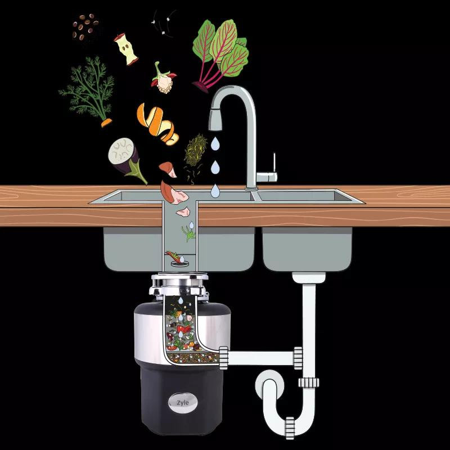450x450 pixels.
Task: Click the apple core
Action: pyautogui.click(x=126, y=49)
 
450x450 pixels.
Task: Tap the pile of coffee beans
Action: pyautogui.click(x=85, y=27)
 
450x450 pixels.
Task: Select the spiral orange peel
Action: pyautogui.click(x=157, y=124)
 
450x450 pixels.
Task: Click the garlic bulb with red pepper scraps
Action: pyautogui.click(x=163, y=78)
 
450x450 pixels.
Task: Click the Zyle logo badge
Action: pyautogui.click(x=183, y=402)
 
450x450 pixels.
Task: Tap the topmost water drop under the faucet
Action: pyautogui.click(x=215, y=143)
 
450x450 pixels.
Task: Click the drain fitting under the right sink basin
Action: pyautogui.click(x=309, y=277)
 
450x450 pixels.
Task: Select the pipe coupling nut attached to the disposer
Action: pyautogui.click(x=223, y=358)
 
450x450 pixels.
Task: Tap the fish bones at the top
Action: pyautogui.click(x=164, y=23)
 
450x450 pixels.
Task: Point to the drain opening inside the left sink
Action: pyautogui.click(x=180, y=263)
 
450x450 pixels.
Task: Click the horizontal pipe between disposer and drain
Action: pyautogui.click(x=260, y=358)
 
